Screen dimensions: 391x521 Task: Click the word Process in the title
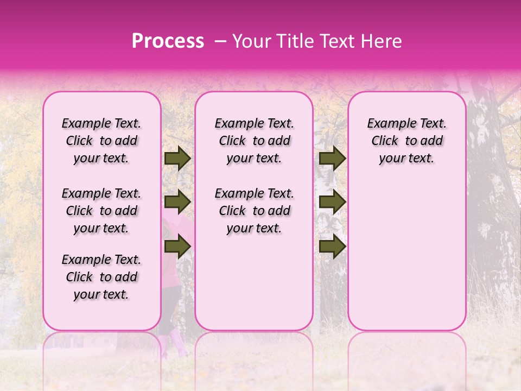[168, 41]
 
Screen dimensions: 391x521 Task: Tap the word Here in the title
[380, 41]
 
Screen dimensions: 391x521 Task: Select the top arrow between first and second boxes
[177, 159]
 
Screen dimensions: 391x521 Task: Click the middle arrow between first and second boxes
[177, 203]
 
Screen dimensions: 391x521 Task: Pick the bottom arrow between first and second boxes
[177, 247]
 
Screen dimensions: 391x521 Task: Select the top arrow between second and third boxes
[332, 159]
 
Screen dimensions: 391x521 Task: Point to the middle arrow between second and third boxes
[332, 203]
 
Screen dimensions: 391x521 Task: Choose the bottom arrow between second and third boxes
[332, 247]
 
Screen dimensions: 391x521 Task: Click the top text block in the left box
[101, 141]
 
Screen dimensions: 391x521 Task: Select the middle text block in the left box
[101, 211]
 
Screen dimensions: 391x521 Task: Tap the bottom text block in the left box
[101, 277]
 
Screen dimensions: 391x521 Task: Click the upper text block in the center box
[255, 141]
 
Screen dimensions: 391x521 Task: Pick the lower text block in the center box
[255, 211]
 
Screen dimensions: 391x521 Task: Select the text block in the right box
[407, 141]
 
